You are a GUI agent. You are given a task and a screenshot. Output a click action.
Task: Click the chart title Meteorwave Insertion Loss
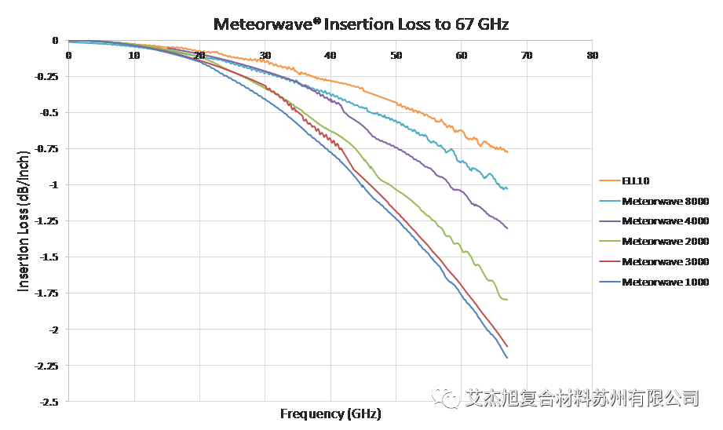pyautogui.click(x=362, y=24)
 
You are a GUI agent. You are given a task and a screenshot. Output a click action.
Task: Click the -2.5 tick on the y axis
pyautogui.click(x=49, y=401)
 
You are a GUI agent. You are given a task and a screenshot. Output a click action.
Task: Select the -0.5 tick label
pyautogui.click(x=49, y=112)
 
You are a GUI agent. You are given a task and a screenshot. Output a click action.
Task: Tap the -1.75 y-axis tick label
pyautogui.click(x=47, y=293)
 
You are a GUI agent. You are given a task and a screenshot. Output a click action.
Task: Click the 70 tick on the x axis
pyautogui.click(x=527, y=56)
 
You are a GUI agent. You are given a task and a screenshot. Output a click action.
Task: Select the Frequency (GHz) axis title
pyautogui.click(x=330, y=413)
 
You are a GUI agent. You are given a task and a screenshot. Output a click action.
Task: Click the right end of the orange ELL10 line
pyautogui.click(x=507, y=151)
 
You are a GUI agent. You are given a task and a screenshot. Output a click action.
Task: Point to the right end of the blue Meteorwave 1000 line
pyautogui.click(x=507, y=357)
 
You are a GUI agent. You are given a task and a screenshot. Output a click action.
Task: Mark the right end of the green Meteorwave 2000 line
pyautogui.click(x=507, y=299)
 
